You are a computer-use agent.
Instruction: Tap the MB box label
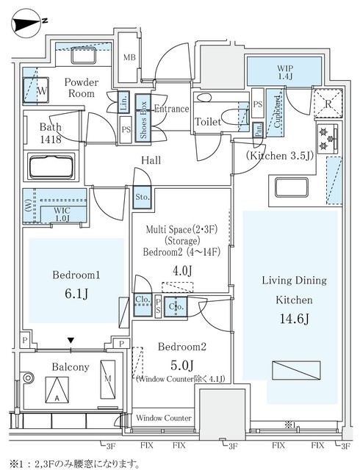coord(129,58)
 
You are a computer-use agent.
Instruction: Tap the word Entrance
coord(173,109)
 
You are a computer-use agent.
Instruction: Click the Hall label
coord(151,159)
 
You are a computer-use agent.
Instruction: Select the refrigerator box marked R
coord(327,104)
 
